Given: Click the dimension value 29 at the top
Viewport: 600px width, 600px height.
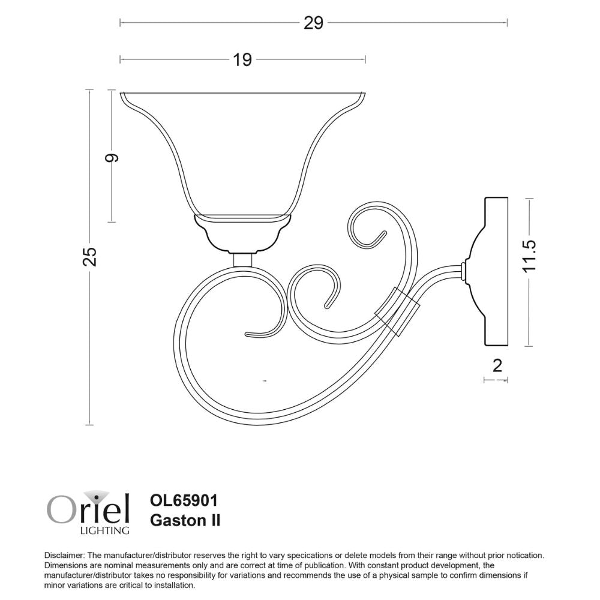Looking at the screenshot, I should click(x=313, y=23).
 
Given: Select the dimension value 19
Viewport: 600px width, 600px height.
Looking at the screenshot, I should click(x=242, y=59).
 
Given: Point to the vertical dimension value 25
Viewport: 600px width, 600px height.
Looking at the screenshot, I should click(x=89, y=256).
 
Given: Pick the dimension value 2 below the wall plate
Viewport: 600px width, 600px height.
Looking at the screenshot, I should click(x=496, y=365).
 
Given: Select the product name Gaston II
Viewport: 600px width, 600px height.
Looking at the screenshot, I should click(x=184, y=520).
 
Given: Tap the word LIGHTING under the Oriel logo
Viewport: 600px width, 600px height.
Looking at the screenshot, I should click(x=104, y=530).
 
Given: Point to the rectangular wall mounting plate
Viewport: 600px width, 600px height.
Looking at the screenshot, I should click(x=496, y=272).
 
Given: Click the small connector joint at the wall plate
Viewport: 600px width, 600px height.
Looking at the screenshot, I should click(x=465, y=271).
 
